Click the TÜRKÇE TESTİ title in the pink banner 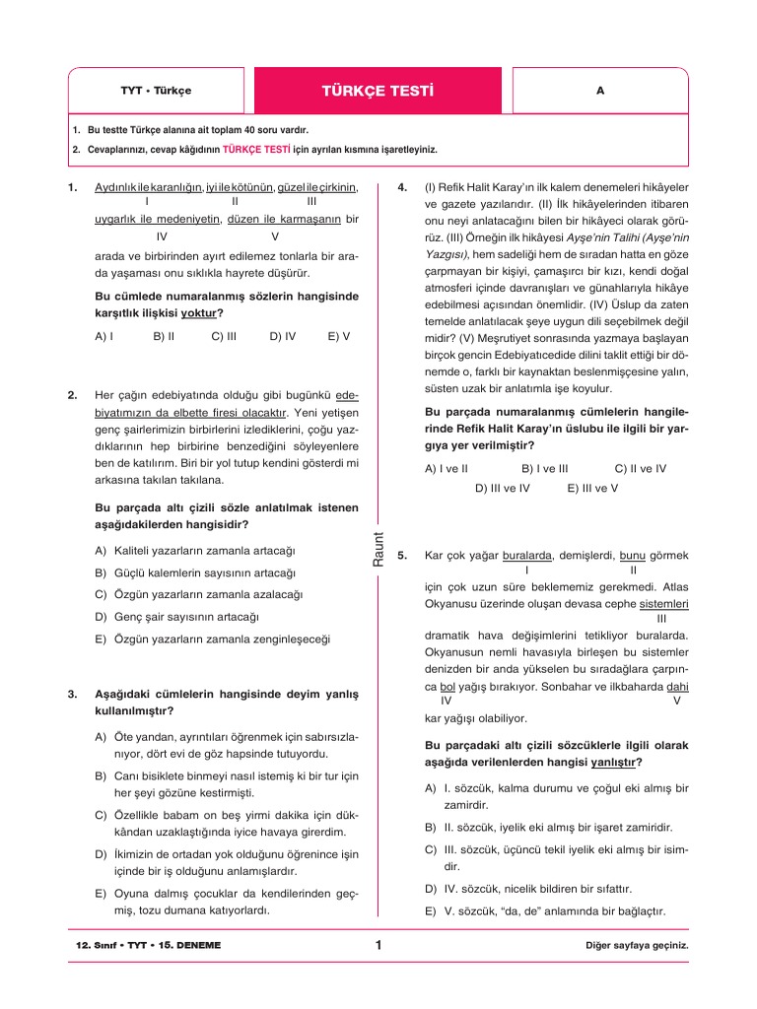click(x=378, y=91)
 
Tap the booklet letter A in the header click(x=599, y=91)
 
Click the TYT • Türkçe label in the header click(x=156, y=91)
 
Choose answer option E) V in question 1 click(x=338, y=336)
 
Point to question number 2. click(x=73, y=395)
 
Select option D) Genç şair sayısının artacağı click(x=177, y=617)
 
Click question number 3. click(x=73, y=694)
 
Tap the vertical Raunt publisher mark click(x=378, y=548)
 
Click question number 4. click(x=402, y=187)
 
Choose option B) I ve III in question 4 click(x=545, y=469)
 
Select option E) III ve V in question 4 click(x=592, y=487)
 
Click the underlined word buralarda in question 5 click(x=527, y=555)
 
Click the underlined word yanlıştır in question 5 click(x=613, y=763)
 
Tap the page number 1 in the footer click(x=378, y=946)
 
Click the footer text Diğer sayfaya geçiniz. click(x=636, y=946)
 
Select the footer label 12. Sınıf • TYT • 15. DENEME click(x=149, y=946)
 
